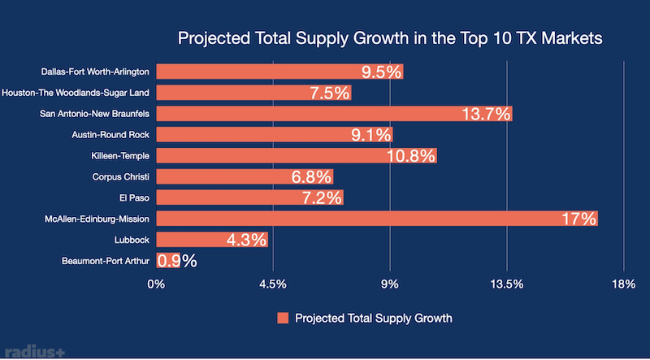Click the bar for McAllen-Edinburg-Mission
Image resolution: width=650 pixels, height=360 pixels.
click(376, 219)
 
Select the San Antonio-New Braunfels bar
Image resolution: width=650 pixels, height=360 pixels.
click(334, 114)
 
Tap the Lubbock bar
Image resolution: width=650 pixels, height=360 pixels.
click(211, 240)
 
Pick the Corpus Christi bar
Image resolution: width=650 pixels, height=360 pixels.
click(244, 176)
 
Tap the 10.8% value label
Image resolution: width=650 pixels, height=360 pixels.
click(415, 156)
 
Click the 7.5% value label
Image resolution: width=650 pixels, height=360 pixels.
click(330, 93)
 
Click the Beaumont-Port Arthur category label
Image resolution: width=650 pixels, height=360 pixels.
click(105, 261)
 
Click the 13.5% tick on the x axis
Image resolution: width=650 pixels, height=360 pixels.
click(507, 284)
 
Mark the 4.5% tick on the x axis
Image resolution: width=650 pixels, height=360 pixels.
click(273, 284)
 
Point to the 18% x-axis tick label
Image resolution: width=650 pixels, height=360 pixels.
click(623, 284)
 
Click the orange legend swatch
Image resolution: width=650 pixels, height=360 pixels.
click(283, 317)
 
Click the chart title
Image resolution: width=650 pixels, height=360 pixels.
click(389, 39)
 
